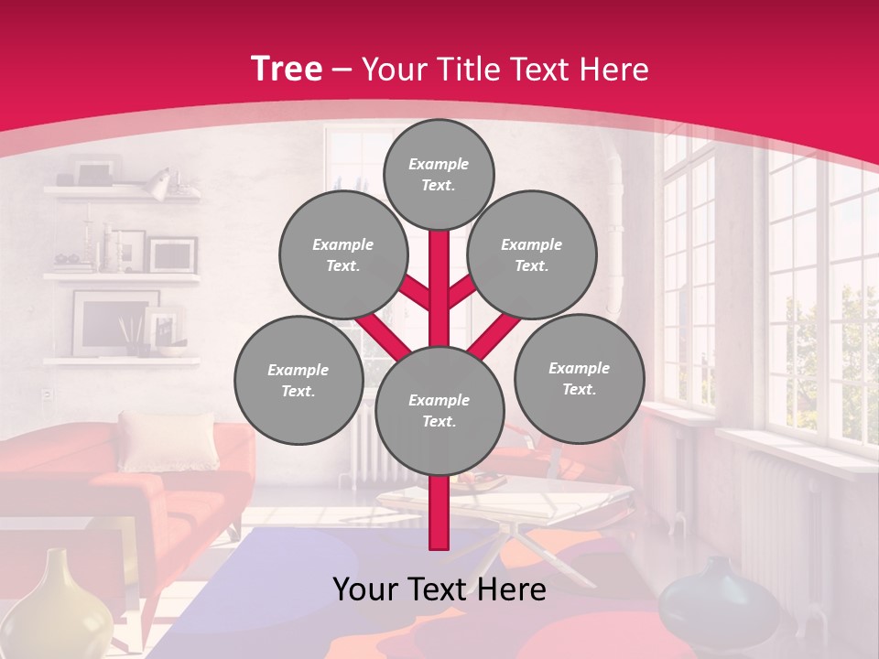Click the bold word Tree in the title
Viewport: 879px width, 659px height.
click(286, 70)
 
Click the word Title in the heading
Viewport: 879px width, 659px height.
click(468, 70)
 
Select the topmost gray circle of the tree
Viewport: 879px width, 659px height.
click(439, 174)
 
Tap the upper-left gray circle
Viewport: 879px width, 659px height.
click(342, 254)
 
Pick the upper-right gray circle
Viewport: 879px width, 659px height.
click(532, 254)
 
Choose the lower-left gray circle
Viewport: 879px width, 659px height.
click(298, 380)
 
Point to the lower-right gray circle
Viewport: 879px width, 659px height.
click(580, 378)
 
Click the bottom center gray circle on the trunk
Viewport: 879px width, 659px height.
click(439, 410)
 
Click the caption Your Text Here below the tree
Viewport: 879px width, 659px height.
click(439, 589)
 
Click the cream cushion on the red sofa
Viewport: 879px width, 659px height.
click(168, 439)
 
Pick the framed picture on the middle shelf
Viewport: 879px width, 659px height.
click(172, 254)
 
